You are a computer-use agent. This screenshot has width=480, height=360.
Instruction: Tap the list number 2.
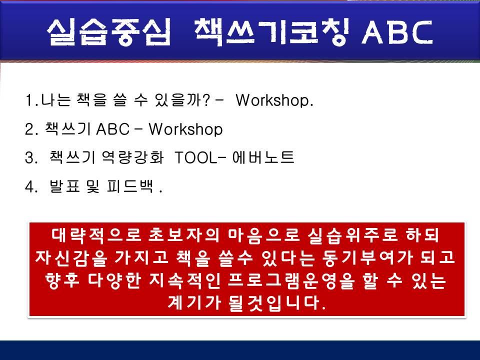click(29, 129)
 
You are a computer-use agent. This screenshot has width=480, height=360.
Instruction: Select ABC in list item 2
click(112, 129)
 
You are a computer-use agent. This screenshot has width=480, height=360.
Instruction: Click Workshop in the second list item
click(185, 129)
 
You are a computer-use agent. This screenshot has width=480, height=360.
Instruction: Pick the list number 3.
click(29, 158)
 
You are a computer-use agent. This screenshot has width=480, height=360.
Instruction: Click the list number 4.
click(29, 187)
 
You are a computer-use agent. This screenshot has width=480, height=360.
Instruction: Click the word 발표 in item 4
click(62, 187)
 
